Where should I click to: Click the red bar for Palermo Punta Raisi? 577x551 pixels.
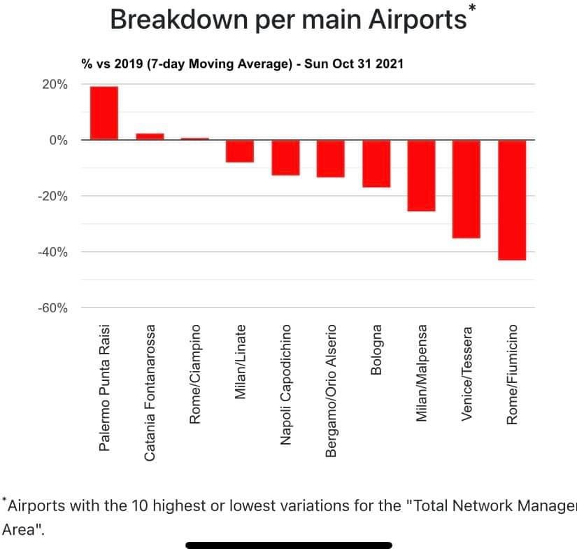pos(104,113)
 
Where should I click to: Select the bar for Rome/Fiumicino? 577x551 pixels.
pos(511,200)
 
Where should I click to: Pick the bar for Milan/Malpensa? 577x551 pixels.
pos(421,175)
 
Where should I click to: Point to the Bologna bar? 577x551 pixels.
pos(376,163)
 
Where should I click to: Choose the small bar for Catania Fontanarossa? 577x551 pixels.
pos(150,136)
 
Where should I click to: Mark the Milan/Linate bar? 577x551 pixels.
pos(240,151)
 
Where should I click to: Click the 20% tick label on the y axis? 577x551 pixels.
pos(55,84)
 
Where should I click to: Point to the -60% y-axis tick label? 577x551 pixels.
pos(52,308)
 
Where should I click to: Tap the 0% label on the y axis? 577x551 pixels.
pos(58,140)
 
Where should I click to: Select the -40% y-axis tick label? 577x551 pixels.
pos(52,252)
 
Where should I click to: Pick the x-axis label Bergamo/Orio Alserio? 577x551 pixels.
pos(332,390)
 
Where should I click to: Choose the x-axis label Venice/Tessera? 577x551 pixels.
pos(466,372)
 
